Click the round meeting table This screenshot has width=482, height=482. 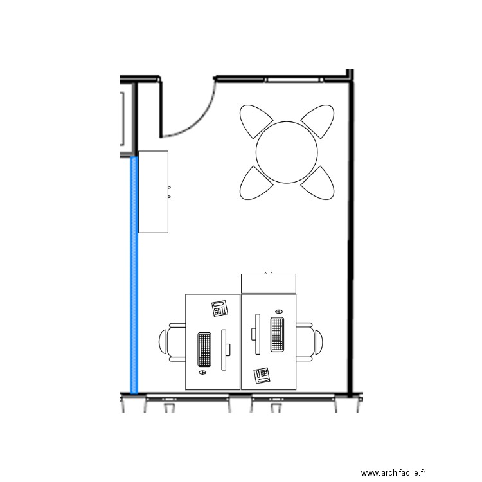[x=287, y=152]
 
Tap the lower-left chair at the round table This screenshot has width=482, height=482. [x=254, y=184]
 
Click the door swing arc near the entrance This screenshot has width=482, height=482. [x=193, y=116]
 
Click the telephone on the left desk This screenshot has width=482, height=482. [x=220, y=308]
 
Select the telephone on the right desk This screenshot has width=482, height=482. [x=262, y=375]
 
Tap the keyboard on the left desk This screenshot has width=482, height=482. [x=205, y=350]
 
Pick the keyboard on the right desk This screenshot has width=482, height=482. [x=278, y=334]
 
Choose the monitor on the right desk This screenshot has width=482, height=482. [x=256, y=334]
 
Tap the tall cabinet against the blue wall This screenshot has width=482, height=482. [x=154, y=192]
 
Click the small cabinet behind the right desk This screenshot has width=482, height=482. [x=269, y=283]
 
